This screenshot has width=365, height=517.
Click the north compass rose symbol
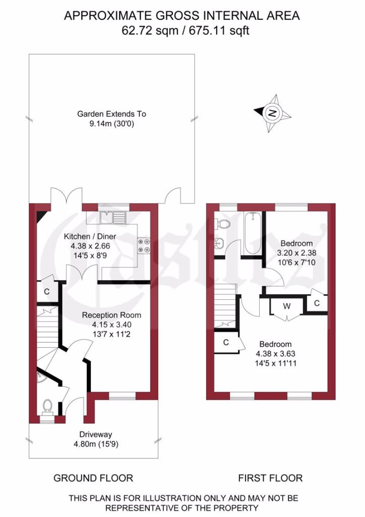pos(273,113)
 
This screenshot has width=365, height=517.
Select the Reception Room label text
pos(112,315)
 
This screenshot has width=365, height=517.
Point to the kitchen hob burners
pos(144,245)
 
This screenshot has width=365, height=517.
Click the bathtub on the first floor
pos(252,234)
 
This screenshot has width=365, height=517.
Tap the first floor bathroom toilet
pos(223,223)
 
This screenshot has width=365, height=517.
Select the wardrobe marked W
pos(287,305)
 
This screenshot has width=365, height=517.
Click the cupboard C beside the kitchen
pos(46,291)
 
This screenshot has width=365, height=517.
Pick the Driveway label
pos(95,434)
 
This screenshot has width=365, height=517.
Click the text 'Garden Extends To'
pos(111,114)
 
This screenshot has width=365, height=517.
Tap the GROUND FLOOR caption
pos(93,478)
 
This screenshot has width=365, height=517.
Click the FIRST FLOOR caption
pos(270,478)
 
